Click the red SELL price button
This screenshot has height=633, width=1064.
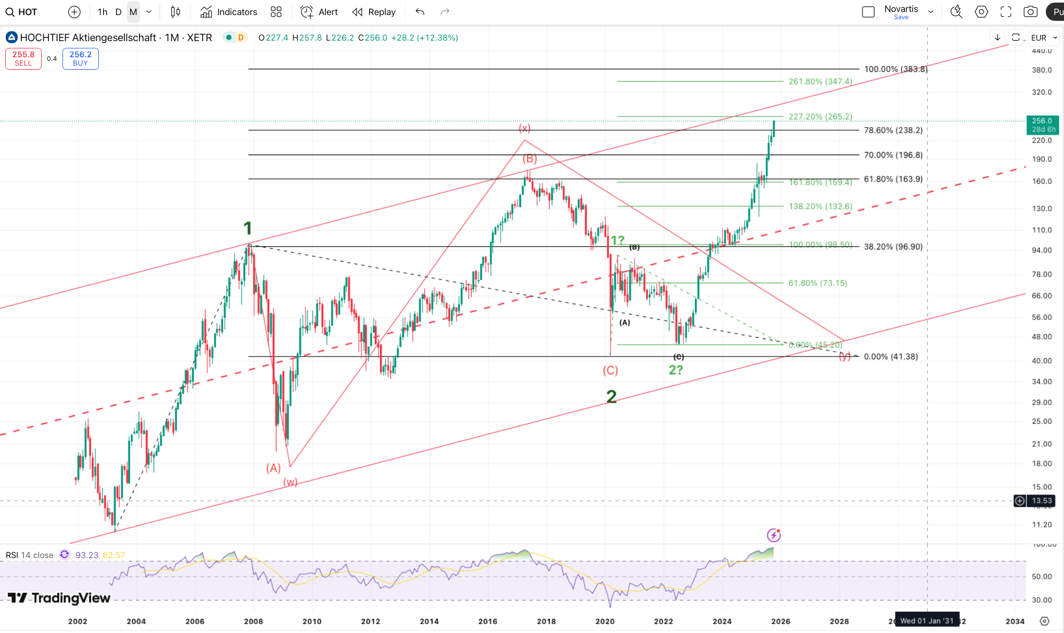pyautogui.click(x=23, y=58)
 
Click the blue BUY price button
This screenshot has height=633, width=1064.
pyautogui.click(x=80, y=58)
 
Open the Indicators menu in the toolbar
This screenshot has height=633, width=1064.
pyautogui.click(x=229, y=12)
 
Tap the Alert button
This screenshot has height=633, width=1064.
pyautogui.click(x=319, y=12)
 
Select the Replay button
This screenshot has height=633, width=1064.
pyautogui.click(x=374, y=12)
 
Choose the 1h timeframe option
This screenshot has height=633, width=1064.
pyautogui.click(x=103, y=12)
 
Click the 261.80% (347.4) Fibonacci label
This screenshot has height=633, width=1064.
pyautogui.click(x=820, y=82)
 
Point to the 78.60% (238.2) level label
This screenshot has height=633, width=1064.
pyautogui.click(x=893, y=131)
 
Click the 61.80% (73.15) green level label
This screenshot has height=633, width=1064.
pyautogui.click(x=817, y=283)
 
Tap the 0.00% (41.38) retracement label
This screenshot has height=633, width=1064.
pyautogui.click(x=891, y=357)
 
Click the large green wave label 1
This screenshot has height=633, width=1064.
pyautogui.click(x=248, y=228)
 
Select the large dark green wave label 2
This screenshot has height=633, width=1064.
pyautogui.click(x=612, y=397)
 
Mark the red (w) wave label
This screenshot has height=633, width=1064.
pyautogui.click(x=290, y=482)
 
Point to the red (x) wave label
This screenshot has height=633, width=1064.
pyautogui.click(x=524, y=128)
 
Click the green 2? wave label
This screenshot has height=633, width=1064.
pyautogui.click(x=676, y=370)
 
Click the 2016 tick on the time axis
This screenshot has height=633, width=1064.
pyautogui.click(x=488, y=621)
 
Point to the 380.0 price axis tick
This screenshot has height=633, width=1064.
pyautogui.click(x=1042, y=70)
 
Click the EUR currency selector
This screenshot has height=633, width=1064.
pyautogui.click(x=1043, y=37)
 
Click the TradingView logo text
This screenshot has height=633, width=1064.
pyautogui.click(x=59, y=598)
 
